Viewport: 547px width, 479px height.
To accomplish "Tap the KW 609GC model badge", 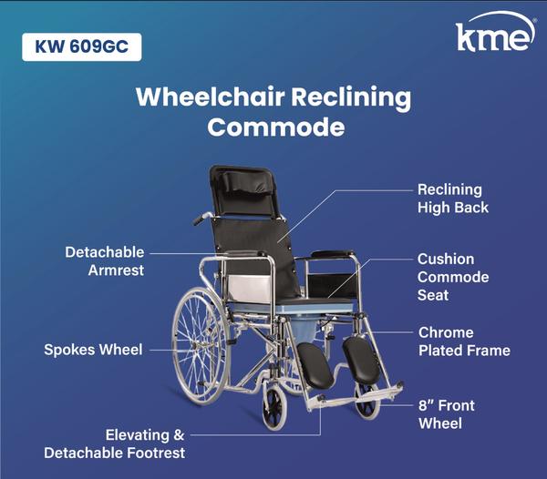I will point(82,46).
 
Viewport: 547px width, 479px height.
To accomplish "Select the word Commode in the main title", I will point(275,127).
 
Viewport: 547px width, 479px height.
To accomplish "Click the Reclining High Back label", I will point(453,199).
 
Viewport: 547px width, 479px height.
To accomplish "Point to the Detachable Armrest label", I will point(104,260).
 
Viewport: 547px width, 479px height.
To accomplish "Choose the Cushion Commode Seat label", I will point(453,277).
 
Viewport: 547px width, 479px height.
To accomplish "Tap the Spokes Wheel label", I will point(93,349).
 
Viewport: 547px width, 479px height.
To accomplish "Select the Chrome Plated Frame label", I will point(463,341).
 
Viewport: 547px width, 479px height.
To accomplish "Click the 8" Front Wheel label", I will point(446,414).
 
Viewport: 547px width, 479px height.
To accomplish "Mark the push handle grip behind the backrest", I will point(201,219).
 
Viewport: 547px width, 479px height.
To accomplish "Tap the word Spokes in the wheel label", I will point(69,349).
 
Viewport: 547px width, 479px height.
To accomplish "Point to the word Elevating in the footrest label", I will point(137,435).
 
